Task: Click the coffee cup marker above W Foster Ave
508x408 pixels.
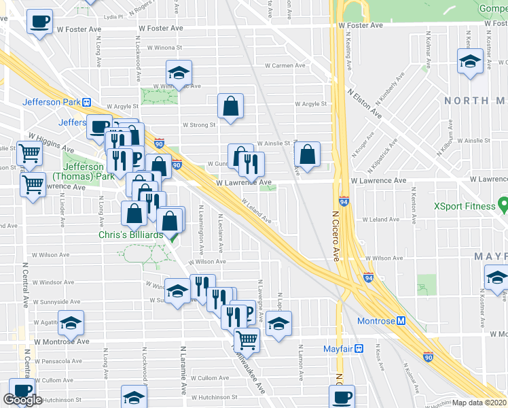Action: click(40, 21)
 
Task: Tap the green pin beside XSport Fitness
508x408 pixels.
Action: click(503, 203)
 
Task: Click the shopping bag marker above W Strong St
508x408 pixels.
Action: click(230, 106)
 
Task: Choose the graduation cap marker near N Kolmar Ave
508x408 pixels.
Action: click(469, 63)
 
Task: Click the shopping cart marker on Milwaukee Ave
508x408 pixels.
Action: click(247, 339)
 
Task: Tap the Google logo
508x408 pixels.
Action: click(22, 401)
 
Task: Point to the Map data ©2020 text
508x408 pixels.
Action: click(479, 403)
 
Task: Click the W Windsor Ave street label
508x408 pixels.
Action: click(52, 282)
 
